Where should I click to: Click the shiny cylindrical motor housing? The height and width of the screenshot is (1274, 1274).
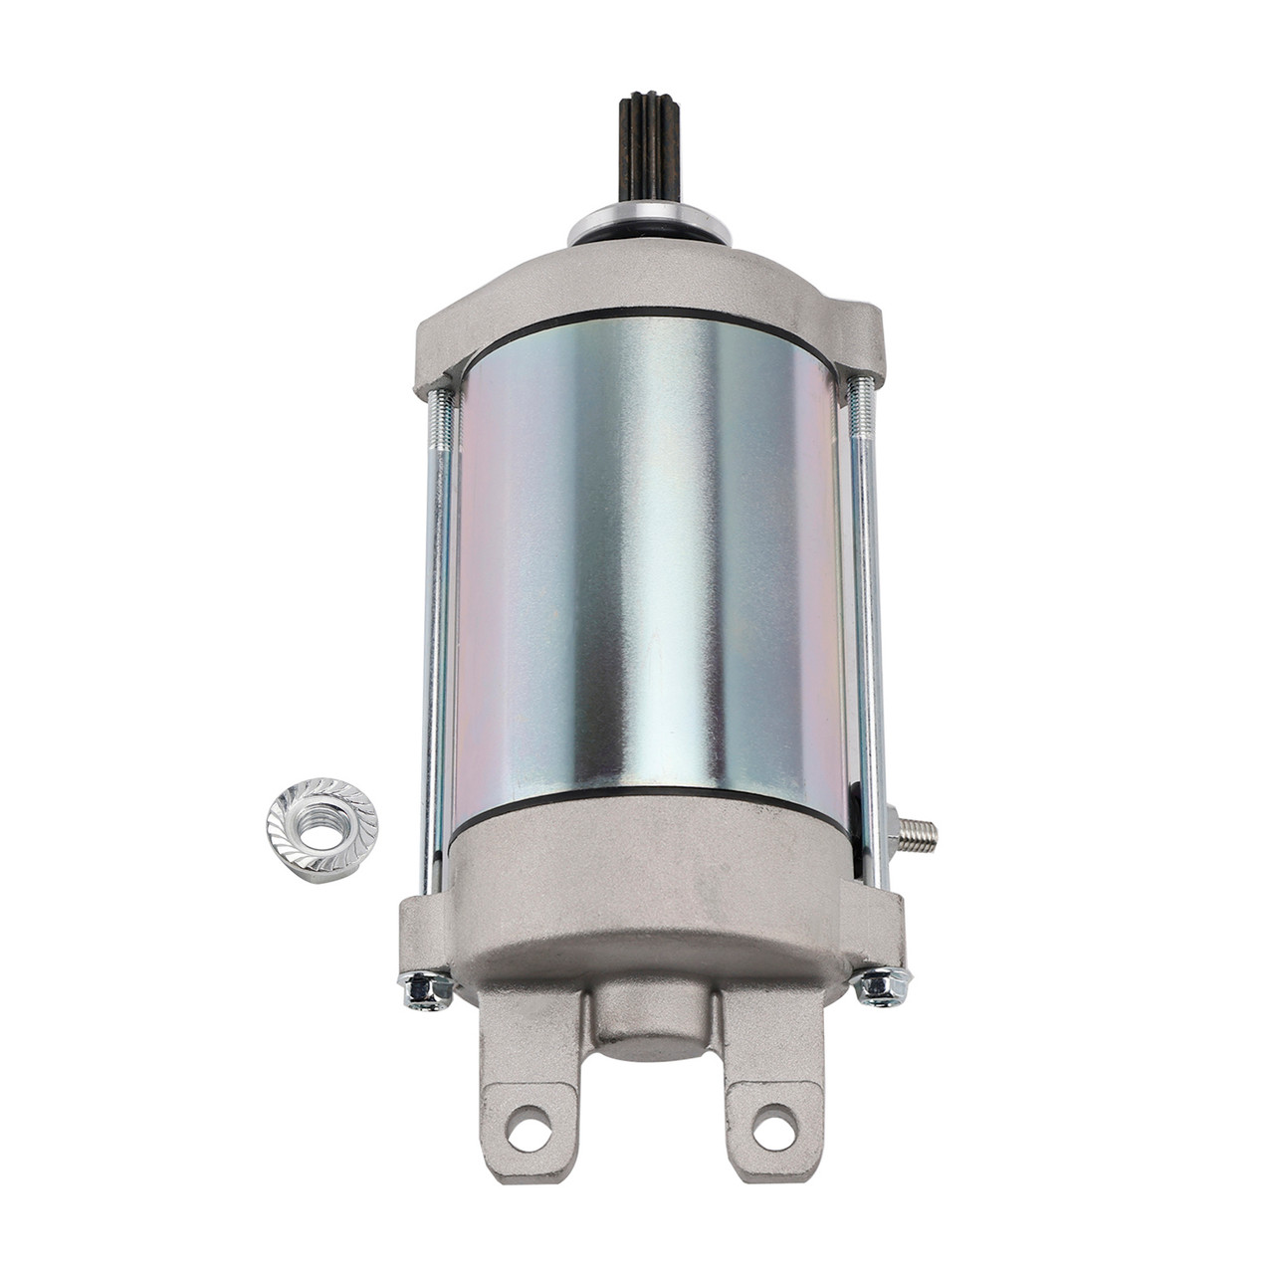pyautogui.click(x=647, y=557)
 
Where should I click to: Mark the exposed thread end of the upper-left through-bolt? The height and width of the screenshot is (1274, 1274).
pyautogui.click(x=438, y=418)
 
